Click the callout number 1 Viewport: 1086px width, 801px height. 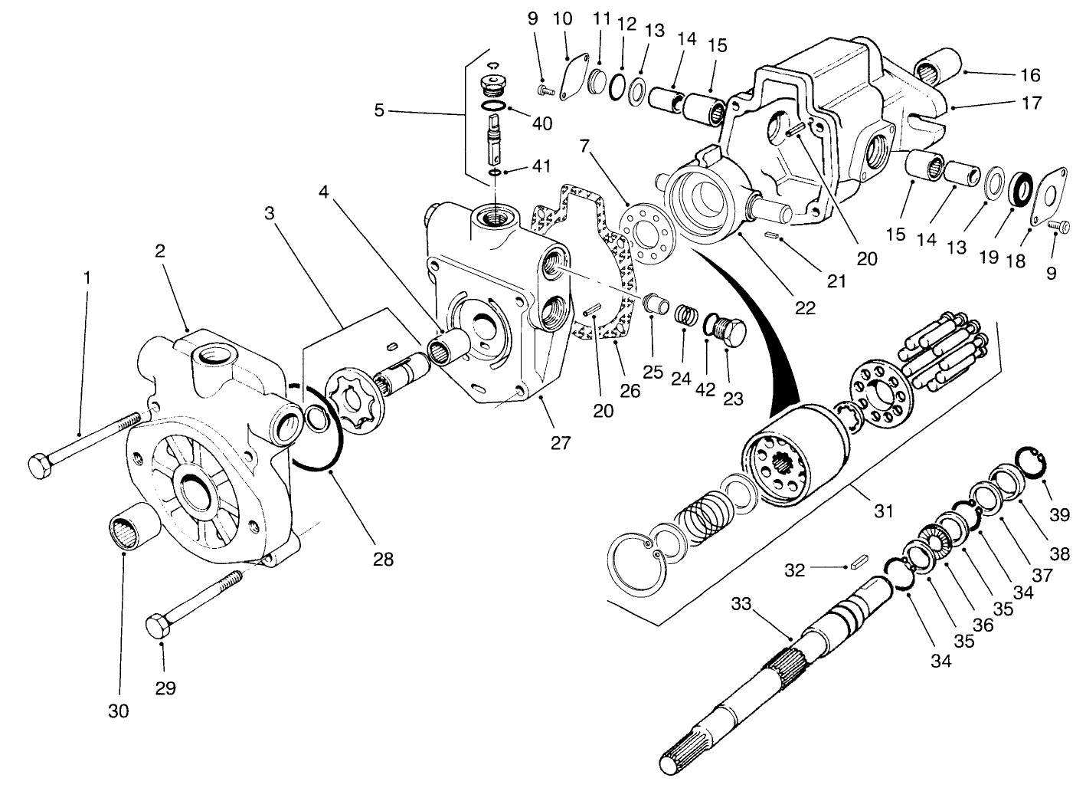[x=87, y=277]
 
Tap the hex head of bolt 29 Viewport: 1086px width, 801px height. [x=158, y=626]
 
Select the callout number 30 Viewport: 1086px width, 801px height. [x=118, y=711]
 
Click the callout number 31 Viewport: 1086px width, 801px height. [x=884, y=510]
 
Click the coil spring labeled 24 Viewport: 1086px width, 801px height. [x=686, y=315]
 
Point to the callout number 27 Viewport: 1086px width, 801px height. [x=561, y=442]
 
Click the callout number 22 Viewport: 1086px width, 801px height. [x=805, y=308]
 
